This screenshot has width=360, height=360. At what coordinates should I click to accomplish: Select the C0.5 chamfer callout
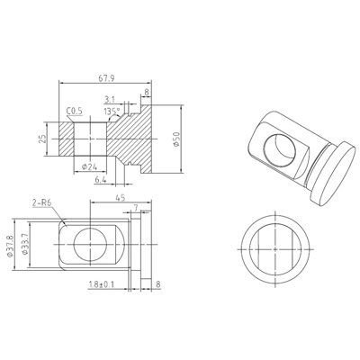(74, 112)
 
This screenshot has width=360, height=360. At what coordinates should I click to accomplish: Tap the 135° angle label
(112, 112)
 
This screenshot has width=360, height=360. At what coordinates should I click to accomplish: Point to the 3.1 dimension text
(110, 99)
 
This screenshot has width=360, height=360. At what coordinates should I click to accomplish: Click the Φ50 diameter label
(176, 139)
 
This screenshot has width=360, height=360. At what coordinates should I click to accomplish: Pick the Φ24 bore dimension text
(89, 167)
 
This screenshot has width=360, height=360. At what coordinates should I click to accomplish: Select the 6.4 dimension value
(101, 180)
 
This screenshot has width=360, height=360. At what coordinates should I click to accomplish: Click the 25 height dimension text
(42, 139)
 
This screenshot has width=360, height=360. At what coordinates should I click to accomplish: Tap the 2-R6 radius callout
(42, 202)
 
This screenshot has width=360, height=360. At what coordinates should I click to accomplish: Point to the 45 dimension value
(120, 198)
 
